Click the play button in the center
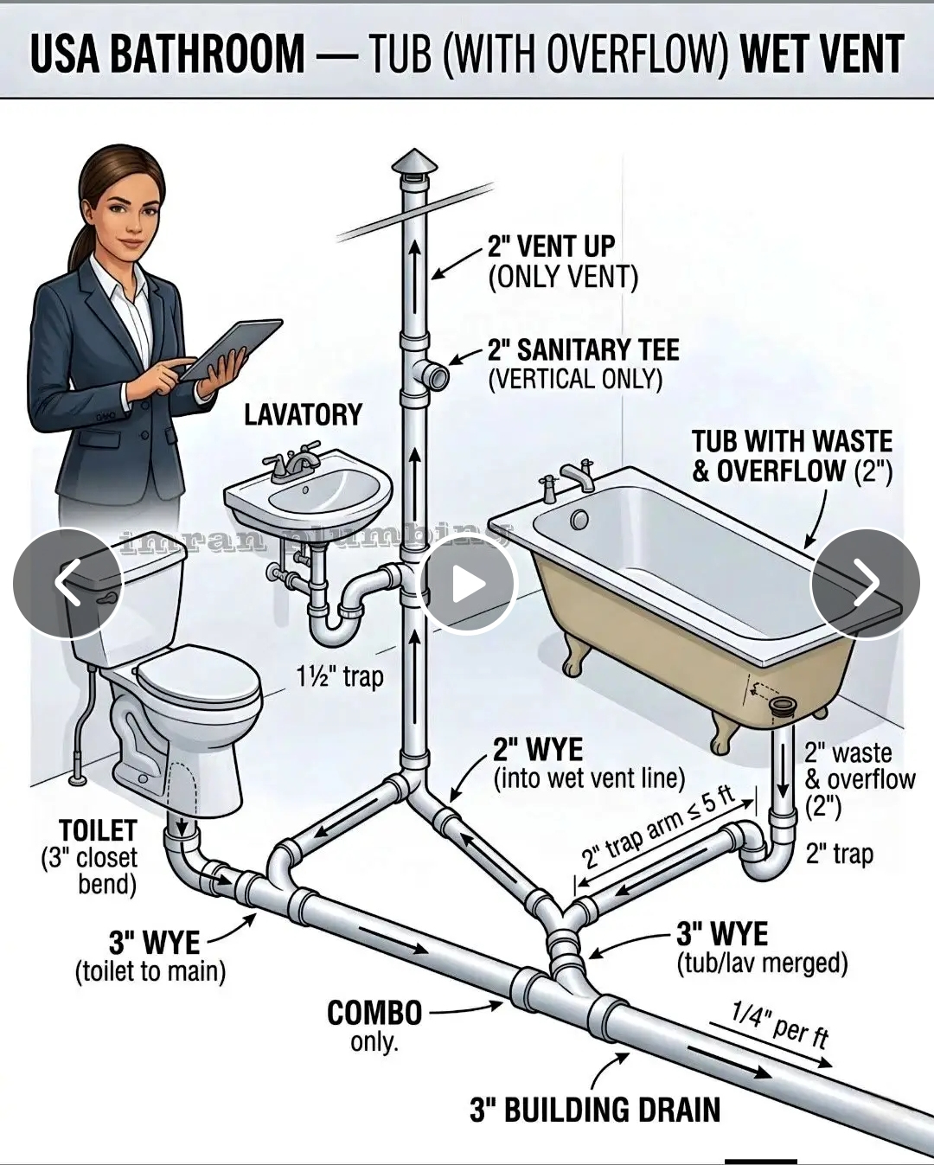click(469, 583)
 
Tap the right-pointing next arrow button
click(865, 583)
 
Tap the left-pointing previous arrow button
click(68, 583)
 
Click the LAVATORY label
click(304, 414)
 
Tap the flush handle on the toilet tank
click(107, 599)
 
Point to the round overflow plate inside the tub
click(579, 521)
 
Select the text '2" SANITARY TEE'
click(584, 349)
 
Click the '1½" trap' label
click(340, 676)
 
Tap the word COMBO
click(374, 1013)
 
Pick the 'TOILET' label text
click(98, 830)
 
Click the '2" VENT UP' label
click(551, 246)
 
